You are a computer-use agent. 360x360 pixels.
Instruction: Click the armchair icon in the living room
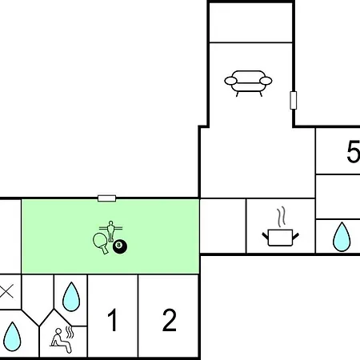[248, 83]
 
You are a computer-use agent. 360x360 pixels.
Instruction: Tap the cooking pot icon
[280, 237]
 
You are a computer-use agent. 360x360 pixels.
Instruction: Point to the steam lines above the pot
[281, 218]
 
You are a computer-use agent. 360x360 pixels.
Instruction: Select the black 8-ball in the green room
[120, 246]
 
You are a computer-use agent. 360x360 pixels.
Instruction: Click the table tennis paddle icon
[101, 243]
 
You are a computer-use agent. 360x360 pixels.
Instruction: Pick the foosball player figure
[110, 231]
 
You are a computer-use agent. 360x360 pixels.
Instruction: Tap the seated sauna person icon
[61, 341]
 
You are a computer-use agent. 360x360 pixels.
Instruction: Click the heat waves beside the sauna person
[70, 332]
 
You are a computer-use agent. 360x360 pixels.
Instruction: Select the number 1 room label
[113, 319]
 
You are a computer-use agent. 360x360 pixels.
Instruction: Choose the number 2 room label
[169, 319]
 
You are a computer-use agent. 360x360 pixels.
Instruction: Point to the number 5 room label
[354, 151]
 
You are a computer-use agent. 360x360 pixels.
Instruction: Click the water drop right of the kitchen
[342, 237]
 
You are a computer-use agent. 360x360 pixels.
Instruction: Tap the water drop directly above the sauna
[71, 297]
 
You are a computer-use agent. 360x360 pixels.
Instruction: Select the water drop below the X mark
[12, 337]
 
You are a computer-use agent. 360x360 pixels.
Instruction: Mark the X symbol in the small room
[6, 291]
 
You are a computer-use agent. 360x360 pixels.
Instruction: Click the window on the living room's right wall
[294, 100]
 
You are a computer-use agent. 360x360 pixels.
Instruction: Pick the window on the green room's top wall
[106, 198]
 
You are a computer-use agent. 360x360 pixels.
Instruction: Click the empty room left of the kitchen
[223, 226]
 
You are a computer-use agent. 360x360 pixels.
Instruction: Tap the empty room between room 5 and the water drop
[338, 197]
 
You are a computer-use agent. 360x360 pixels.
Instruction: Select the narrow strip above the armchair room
[251, 22]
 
